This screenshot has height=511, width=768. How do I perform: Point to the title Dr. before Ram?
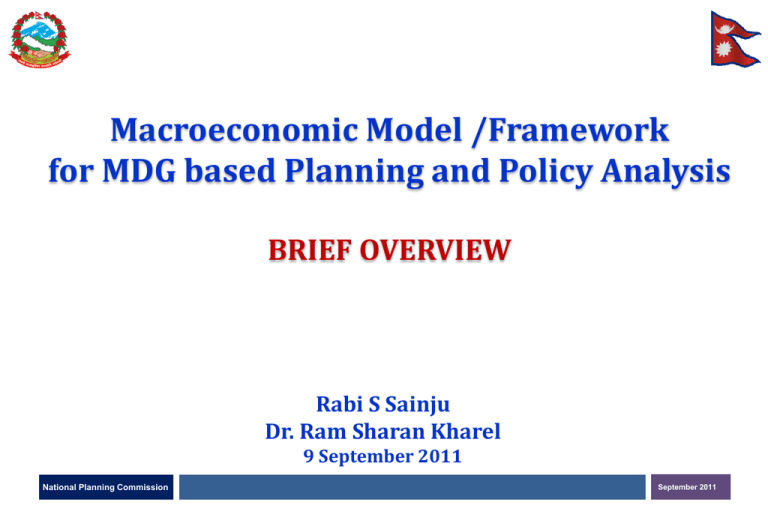pos(282,433)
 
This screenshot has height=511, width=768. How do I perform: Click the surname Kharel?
pos(469,433)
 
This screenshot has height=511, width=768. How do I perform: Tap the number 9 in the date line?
pos(308,459)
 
